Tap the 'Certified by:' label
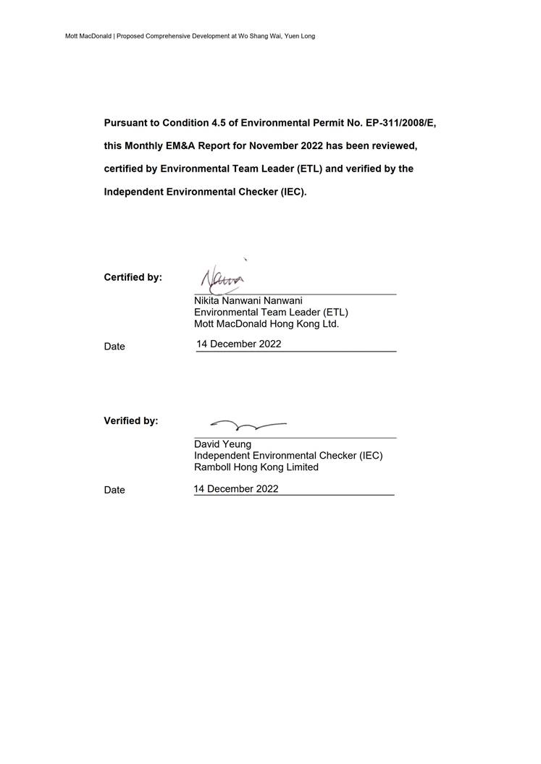133,277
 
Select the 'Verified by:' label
131,420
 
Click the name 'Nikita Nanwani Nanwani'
248,300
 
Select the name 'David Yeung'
222,443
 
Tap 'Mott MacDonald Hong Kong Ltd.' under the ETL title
267,323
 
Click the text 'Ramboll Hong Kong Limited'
256,467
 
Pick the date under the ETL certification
239,344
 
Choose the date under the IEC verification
236,488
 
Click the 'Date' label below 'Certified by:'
114,347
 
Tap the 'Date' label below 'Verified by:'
114,490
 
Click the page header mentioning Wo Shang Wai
190,36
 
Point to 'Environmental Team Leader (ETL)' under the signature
271,312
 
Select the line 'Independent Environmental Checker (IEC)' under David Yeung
288,455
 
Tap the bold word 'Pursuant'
125,123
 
